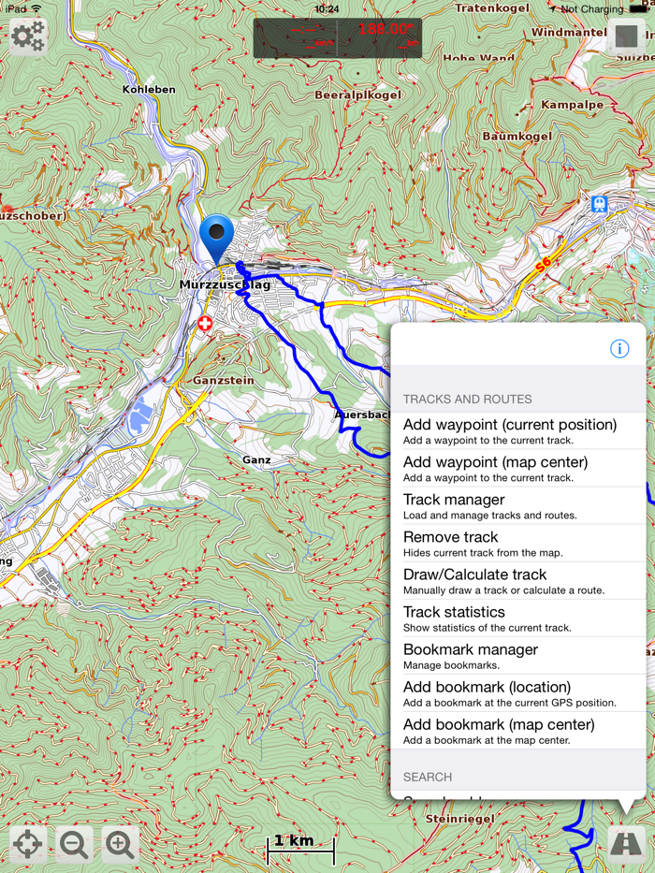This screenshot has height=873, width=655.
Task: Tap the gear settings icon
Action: click(x=28, y=36)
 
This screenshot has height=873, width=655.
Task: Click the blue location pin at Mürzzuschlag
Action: click(x=216, y=237)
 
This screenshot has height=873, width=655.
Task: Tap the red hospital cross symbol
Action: click(x=205, y=324)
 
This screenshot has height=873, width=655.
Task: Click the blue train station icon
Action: click(x=599, y=204)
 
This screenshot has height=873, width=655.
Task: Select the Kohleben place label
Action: click(x=149, y=90)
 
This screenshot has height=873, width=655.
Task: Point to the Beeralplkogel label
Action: click(x=357, y=95)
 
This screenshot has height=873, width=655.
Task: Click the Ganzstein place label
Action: click(x=223, y=381)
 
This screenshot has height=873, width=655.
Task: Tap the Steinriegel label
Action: click(x=460, y=819)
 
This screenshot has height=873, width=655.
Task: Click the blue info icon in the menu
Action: click(x=619, y=348)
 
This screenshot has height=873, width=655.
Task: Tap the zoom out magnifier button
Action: click(x=74, y=844)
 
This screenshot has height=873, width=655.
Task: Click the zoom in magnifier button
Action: click(x=120, y=844)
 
